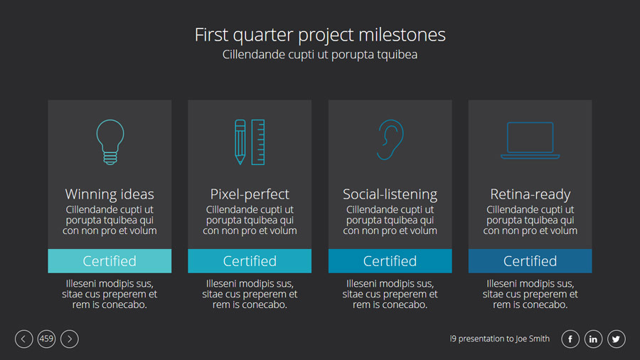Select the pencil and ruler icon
[x=250, y=142]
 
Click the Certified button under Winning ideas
[x=110, y=261]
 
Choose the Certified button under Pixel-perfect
[x=250, y=261]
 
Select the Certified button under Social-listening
[x=390, y=261]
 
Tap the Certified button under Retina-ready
[x=530, y=261]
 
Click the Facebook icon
[x=570, y=339]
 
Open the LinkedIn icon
[x=593, y=339]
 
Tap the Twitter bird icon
[x=616, y=339]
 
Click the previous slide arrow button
[x=23, y=339]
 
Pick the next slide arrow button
[x=70, y=339]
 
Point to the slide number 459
[x=46, y=339]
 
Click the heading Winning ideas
[x=110, y=194]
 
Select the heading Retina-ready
[x=530, y=195]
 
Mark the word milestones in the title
[x=402, y=35]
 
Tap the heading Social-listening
[x=390, y=195]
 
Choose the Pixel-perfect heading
[x=250, y=195]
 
